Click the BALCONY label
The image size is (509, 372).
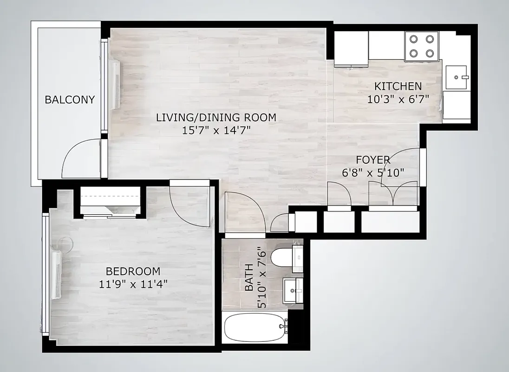(70, 100)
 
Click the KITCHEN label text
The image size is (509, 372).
(398, 86)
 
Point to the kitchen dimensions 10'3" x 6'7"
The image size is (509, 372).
(398, 99)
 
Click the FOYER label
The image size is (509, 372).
(373, 160)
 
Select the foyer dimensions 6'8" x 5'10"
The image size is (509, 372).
(373, 172)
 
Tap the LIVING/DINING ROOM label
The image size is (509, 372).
(216, 117)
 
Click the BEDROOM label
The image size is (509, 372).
(133, 271)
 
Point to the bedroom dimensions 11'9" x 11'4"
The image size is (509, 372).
(133, 284)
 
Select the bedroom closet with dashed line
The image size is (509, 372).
(110, 200)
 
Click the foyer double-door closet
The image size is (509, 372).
(393, 193)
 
